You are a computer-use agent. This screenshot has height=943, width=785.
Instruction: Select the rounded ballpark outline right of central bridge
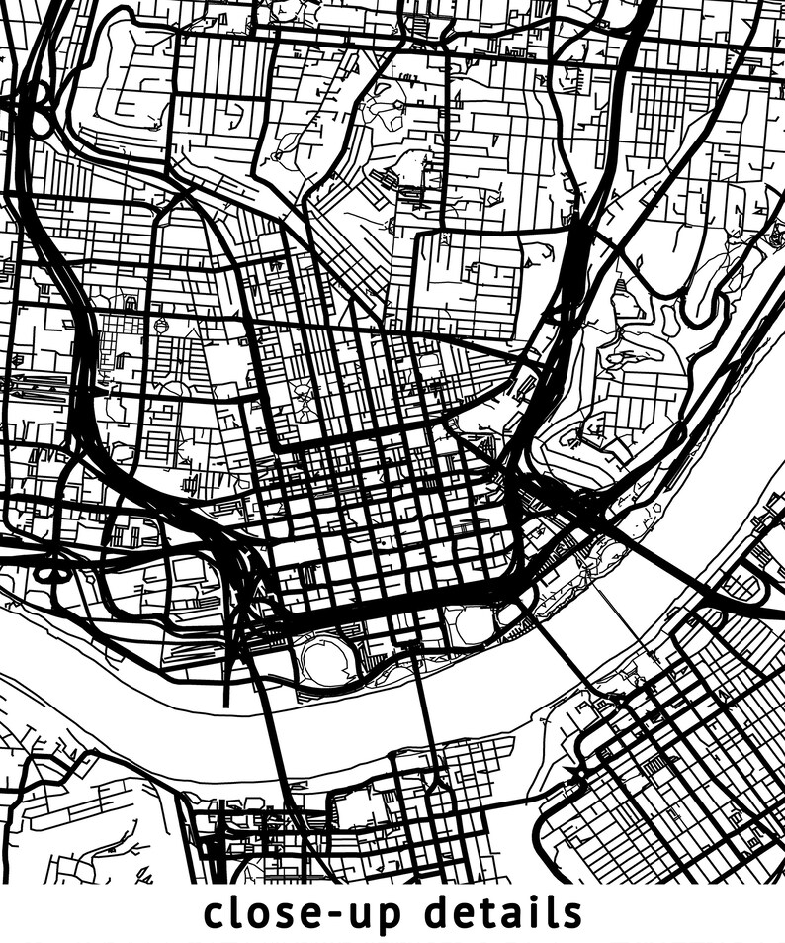473,624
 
